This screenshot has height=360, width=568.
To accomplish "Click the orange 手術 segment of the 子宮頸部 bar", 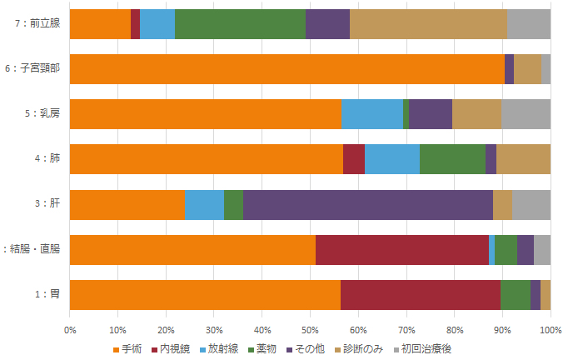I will (x=286, y=69).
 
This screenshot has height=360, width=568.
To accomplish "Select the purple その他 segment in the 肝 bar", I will (x=367, y=205).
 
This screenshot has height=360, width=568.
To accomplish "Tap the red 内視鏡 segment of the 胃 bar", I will (x=420, y=295).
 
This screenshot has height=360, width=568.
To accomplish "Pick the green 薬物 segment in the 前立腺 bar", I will (x=240, y=24).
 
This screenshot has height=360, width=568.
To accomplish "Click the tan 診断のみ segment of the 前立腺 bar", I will (x=428, y=24).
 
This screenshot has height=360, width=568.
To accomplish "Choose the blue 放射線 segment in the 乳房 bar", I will (x=371, y=114).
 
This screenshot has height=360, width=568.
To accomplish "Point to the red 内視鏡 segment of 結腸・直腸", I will (x=402, y=250).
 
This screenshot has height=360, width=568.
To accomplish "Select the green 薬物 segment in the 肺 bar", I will (x=452, y=159).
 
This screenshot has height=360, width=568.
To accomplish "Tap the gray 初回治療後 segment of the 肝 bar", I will (x=531, y=205).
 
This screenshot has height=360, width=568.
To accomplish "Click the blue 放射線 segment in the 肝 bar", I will (x=204, y=205).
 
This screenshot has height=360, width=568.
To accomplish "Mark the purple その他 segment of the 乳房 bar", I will (x=431, y=114).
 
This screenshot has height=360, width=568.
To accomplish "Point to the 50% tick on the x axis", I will (x=310, y=331).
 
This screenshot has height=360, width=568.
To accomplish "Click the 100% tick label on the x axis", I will (x=550, y=331).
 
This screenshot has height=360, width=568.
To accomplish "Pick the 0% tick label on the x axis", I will (x=70, y=331).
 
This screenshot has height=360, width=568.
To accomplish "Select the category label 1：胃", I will (x=47, y=295).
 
